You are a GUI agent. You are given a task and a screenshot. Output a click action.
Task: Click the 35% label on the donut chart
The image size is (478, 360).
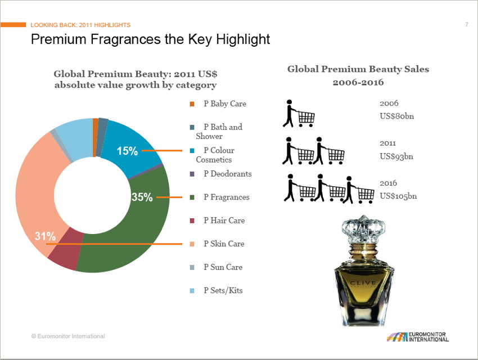[x=142, y=197]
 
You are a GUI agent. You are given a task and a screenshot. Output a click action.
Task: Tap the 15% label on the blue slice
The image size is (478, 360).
[x=127, y=151]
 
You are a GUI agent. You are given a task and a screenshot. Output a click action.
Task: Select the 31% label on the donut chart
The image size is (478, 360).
[x=45, y=236]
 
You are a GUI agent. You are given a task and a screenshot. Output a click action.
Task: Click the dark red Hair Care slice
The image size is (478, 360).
[x=62, y=256]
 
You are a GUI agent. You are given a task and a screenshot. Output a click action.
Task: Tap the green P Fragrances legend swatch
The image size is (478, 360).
[x=192, y=197]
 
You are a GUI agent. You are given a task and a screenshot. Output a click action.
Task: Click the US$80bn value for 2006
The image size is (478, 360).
[x=396, y=116]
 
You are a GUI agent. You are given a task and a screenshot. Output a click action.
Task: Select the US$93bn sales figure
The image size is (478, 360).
[x=396, y=156]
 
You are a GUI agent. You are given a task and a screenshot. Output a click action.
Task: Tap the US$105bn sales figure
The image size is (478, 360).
[x=398, y=196]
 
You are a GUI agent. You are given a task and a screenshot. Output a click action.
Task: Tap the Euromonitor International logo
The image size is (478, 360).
[x=417, y=337]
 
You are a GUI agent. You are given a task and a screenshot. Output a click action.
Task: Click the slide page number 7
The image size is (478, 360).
[x=467, y=25]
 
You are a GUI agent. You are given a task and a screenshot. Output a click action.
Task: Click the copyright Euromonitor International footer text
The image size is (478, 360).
[x=67, y=336]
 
